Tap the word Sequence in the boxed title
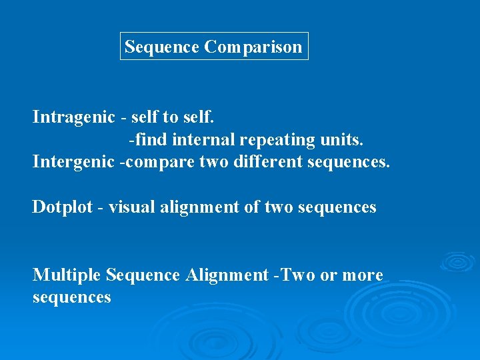point(162,47)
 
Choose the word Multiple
point(67,275)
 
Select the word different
point(268,162)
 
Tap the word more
point(363,275)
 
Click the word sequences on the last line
point(72,297)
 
